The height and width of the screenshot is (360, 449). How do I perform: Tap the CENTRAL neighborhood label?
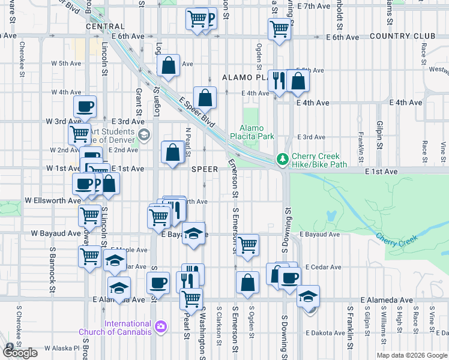(105, 27)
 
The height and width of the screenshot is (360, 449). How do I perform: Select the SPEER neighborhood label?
(204, 169)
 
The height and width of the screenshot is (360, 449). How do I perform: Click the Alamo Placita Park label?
(256, 132)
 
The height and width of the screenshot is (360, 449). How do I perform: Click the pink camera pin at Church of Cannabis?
(160, 327)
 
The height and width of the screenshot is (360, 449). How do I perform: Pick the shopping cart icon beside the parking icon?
(196, 19)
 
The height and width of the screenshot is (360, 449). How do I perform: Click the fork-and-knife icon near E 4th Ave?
(278, 81)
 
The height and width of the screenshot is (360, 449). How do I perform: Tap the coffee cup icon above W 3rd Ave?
(85, 106)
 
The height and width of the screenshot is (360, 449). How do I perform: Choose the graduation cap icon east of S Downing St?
(308, 296)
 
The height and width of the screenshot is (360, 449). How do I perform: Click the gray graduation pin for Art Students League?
(143, 134)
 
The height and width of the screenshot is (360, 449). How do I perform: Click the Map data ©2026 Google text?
(412, 355)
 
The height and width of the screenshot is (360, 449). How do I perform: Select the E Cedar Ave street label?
(323, 267)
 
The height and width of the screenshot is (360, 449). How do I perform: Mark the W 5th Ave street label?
(66, 63)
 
